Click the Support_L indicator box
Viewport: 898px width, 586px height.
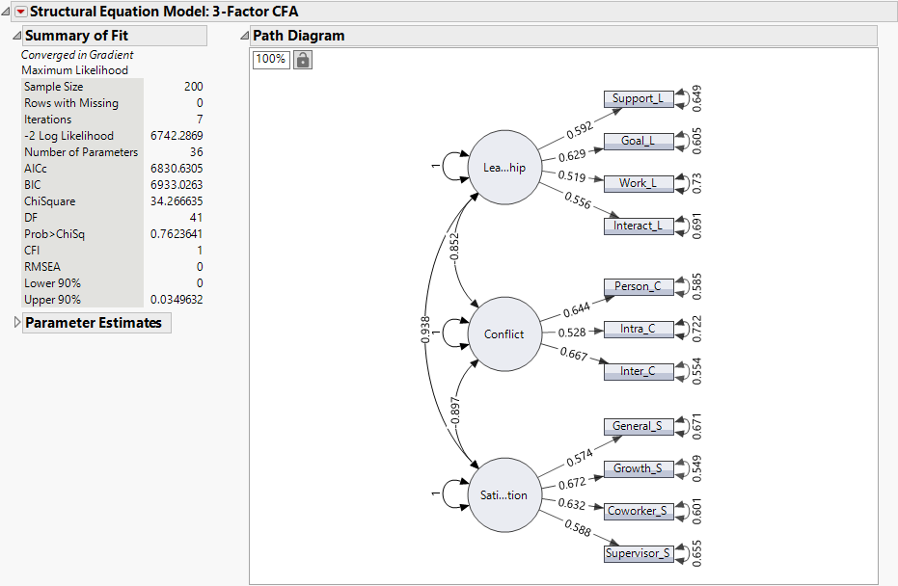[x=638, y=98]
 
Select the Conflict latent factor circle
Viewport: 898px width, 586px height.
[x=504, y=334]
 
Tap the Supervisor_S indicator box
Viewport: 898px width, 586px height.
[x=638, y=553]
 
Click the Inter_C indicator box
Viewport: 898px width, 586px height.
[x=638, y=371]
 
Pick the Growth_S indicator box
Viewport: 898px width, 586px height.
[x=638, y=469]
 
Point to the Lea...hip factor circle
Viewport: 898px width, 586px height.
[x=504, y=168]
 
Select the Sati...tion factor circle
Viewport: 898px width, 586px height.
[x=504, y=495]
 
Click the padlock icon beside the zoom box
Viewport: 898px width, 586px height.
[x=303, y=60]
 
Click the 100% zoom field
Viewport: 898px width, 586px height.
[x=271, y=60]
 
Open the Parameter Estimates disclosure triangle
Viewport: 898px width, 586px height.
[x=17, y=323]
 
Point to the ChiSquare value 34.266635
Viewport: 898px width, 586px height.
[x=177, y=201]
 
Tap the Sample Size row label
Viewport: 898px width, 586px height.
[x=54, y=87]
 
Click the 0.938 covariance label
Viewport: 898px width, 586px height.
[x=425, y=330]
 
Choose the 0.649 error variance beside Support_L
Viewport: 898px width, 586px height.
[x=696, y=98]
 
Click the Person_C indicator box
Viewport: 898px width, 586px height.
[x=638, y=287]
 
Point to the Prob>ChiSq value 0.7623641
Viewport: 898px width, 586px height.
[x=177, y=234]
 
